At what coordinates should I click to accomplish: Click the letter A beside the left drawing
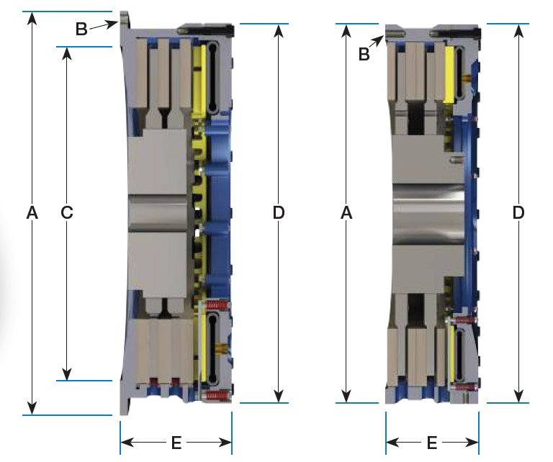[32, 212]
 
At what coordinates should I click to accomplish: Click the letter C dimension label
[67, 212]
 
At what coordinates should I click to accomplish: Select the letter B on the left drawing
[81, 29]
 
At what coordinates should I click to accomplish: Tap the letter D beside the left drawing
[279, 212]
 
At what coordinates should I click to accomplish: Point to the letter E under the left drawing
[176, 443]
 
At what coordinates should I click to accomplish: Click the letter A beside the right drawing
[346, 212]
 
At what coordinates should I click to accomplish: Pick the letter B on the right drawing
[364, 54]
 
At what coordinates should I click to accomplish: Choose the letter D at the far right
[518, 212]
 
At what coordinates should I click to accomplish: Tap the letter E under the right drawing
[432, 443]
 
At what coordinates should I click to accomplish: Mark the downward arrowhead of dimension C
[67, 373]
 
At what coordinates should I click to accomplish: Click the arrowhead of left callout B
[113, 24]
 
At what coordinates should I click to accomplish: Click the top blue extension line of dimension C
[84, 47]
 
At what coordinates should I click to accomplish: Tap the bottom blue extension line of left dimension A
[68, 415]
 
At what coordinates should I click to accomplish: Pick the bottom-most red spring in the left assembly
[217, 395]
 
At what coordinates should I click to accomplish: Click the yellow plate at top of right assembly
[449, 74]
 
